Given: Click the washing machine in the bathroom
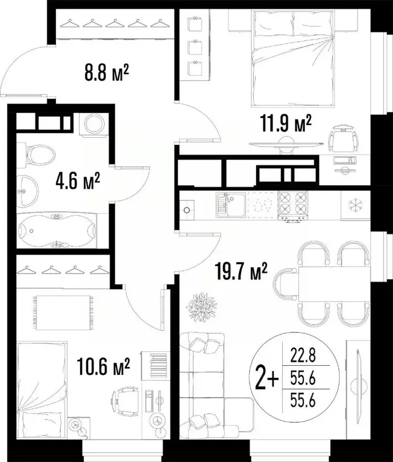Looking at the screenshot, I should pos(93,124).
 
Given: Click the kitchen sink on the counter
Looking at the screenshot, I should pos(230,206).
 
